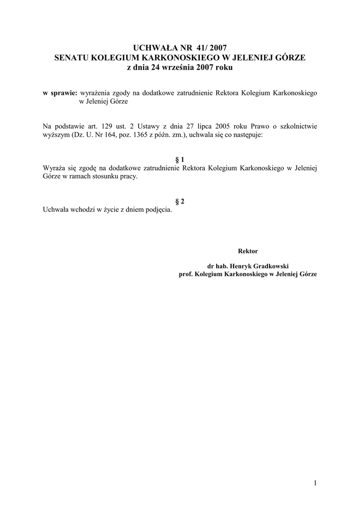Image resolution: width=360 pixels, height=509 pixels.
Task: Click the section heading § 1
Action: tap(180, 160)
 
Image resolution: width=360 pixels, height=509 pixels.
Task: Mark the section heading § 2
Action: tap(180, 201)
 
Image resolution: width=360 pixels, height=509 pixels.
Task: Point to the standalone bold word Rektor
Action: tap(248, 251)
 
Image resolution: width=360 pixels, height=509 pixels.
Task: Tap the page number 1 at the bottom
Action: tap(315, 482)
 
